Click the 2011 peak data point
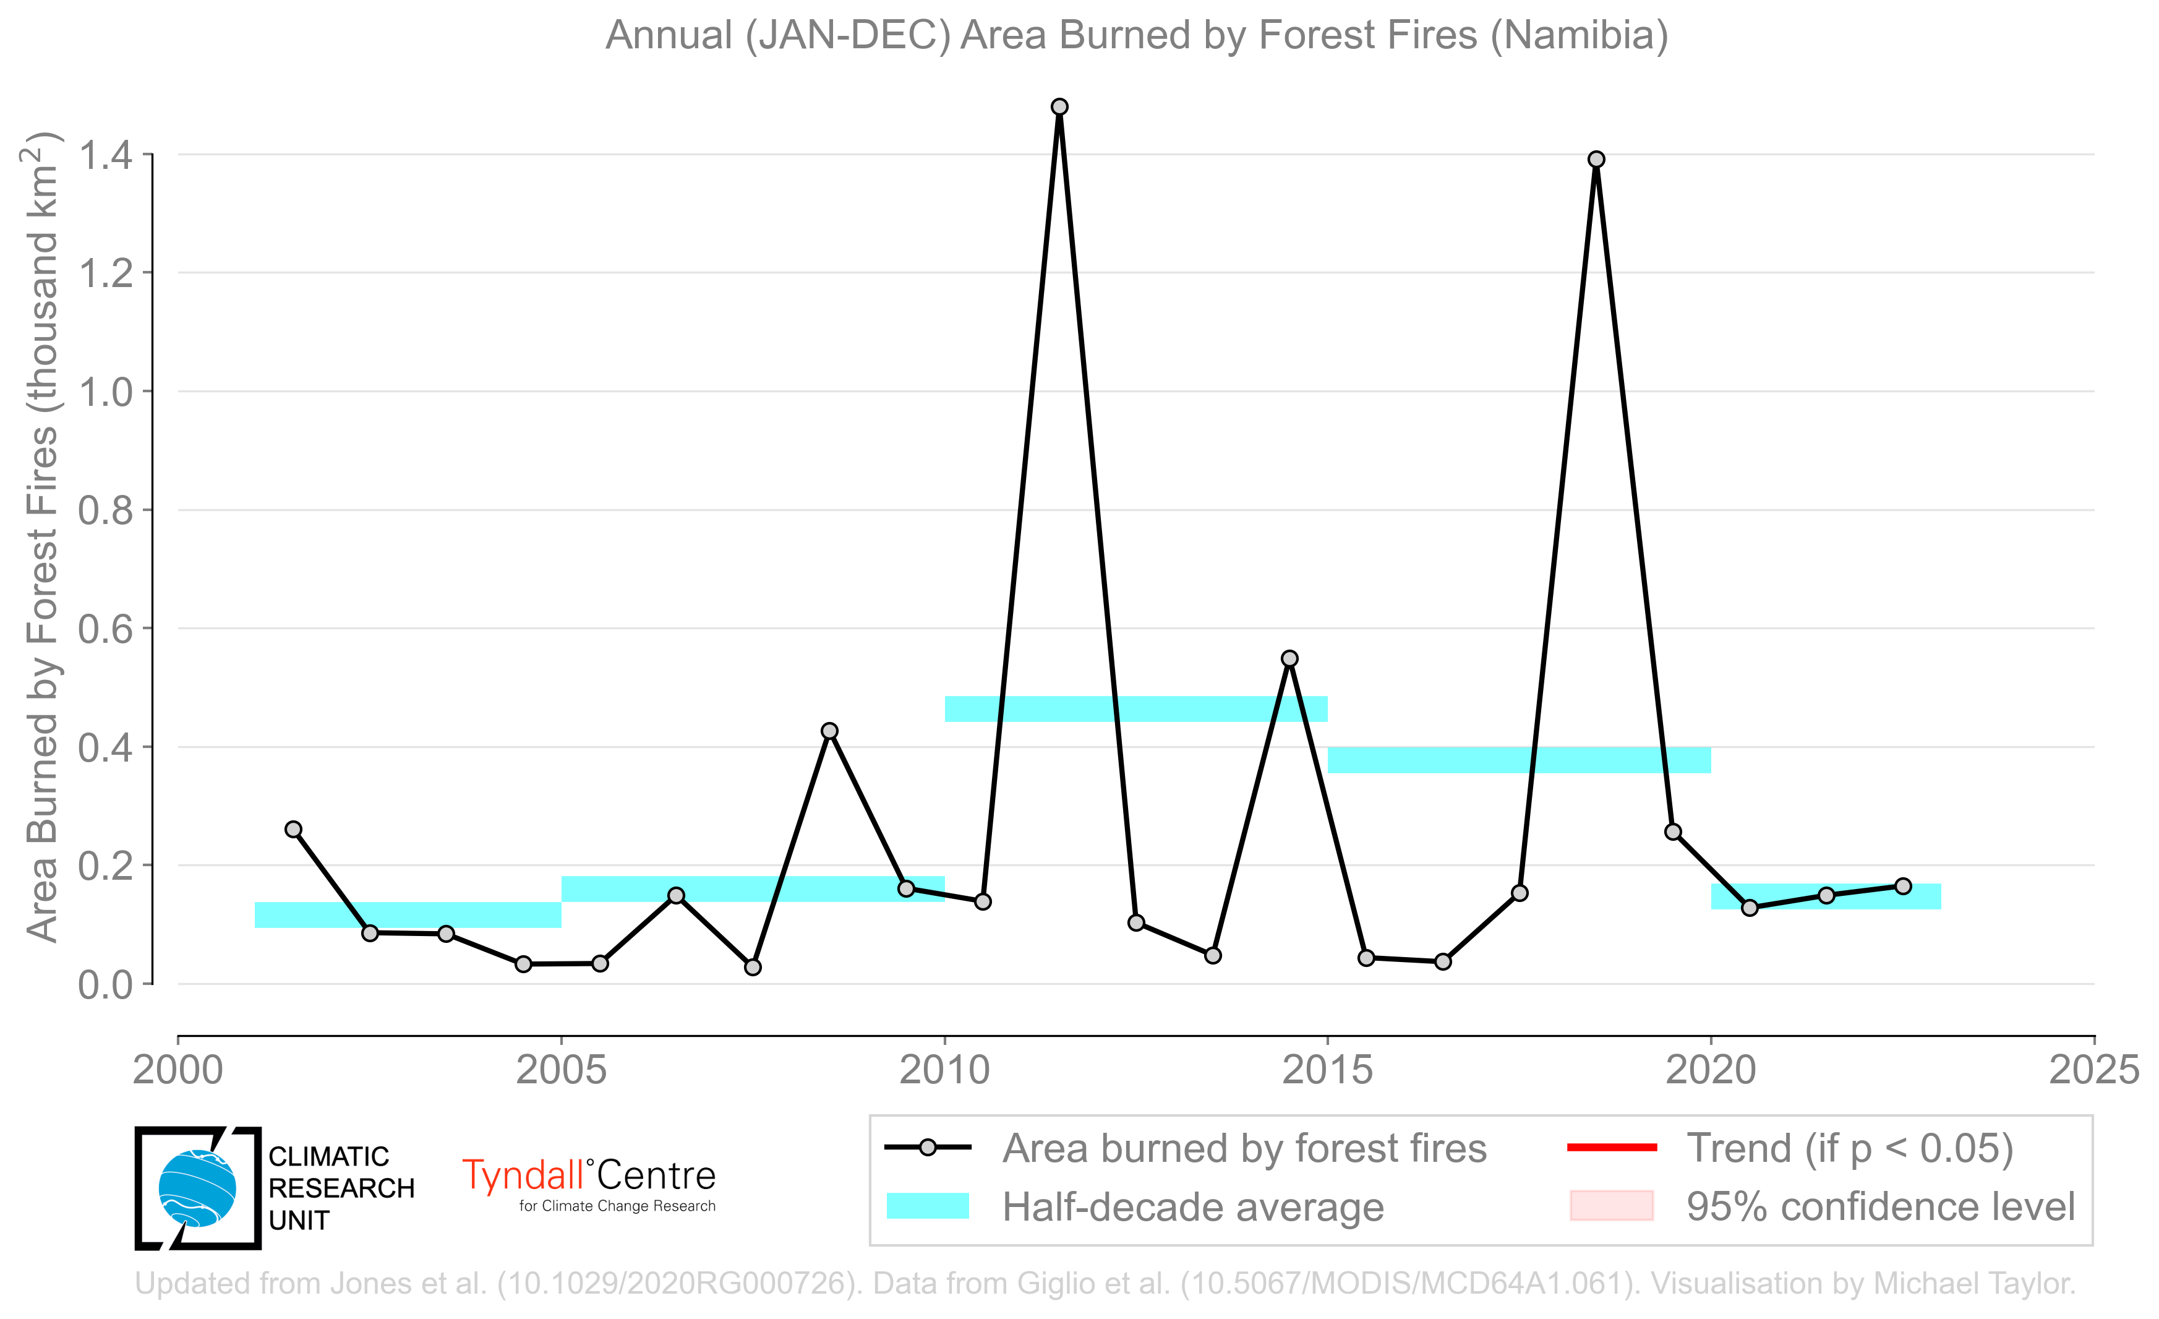point(1059,107)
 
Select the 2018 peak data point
point(1596,160)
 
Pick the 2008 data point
point(830,731)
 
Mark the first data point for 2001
point(294,829)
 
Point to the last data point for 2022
point(1903,886)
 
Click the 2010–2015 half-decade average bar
point(1137,709)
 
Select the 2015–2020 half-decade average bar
point(1520,760)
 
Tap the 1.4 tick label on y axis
point(105,155)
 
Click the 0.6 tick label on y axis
point(105,629)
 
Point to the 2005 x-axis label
point(561,1070)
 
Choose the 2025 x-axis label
point(2094,1070)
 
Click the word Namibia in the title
point(1580,35)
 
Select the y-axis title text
point(41,537)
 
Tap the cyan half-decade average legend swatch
point(928,1206)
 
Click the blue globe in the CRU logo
point(197,1188)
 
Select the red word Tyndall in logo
point(523,1176)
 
